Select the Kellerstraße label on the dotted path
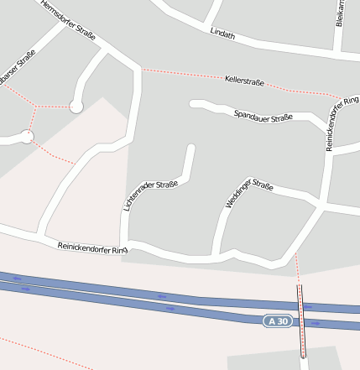point(245,81)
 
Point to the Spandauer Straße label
point(263,116)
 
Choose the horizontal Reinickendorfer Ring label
point(91,248)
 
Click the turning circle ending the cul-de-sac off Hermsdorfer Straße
point(76,107)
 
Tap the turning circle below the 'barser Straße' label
point(27,137)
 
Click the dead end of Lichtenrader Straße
point(191,149)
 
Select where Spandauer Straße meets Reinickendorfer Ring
point(326,128)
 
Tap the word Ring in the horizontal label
point(117,251)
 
